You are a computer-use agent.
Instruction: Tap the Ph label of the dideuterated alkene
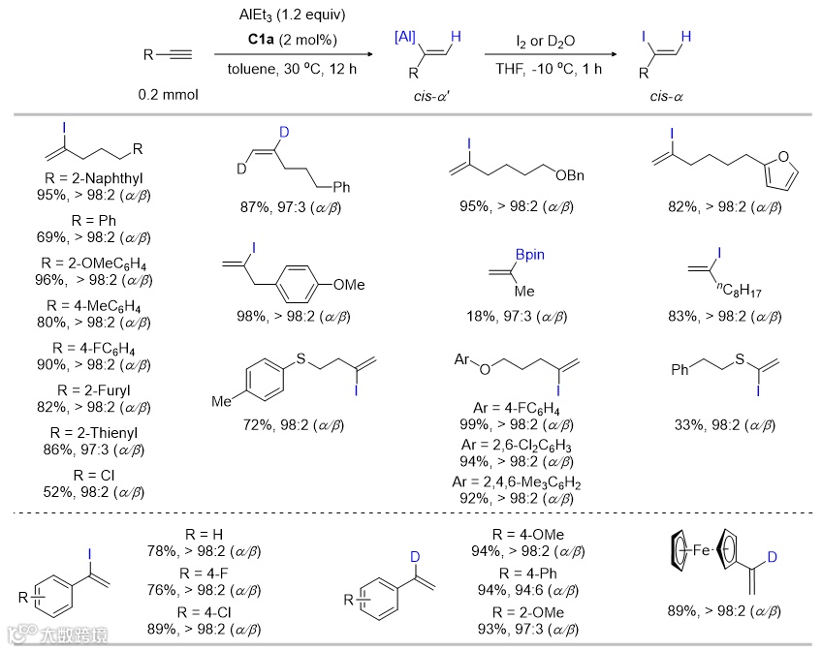pos(340,186)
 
